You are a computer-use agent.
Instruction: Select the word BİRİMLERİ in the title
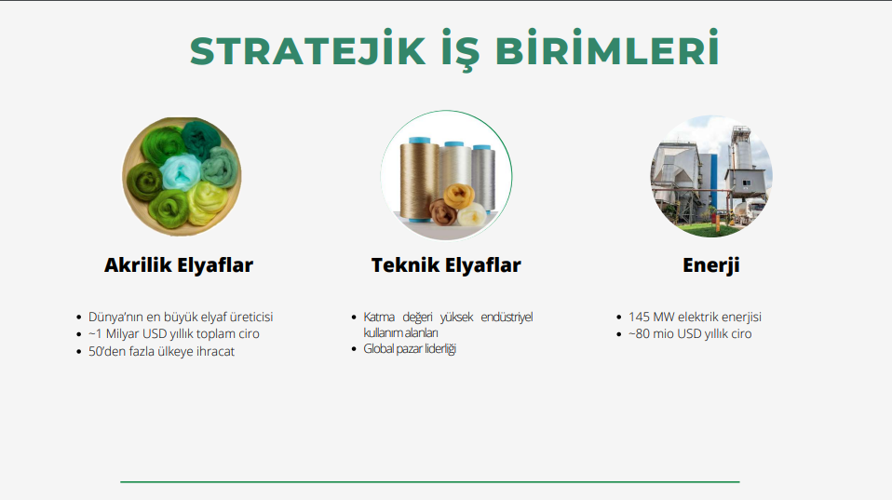[608, 48]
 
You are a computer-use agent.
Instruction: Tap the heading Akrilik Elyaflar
[179, 265]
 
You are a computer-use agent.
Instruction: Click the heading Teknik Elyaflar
[446, 265]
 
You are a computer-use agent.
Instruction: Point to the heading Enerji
[711, 265]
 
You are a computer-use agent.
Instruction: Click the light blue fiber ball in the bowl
[181, 172]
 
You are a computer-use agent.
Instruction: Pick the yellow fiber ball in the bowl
[207, 202]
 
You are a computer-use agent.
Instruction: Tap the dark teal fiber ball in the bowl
[201, 140]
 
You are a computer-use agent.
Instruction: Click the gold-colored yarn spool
[419, 179]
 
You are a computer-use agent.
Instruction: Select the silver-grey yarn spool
[483, 178]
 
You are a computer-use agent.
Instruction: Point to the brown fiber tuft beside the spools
[442, 212]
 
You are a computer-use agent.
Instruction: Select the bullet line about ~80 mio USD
[689, 334]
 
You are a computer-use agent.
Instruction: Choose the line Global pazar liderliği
[410, 348]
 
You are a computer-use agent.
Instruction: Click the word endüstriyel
[507, 317]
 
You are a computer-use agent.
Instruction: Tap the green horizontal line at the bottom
[430, 481]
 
